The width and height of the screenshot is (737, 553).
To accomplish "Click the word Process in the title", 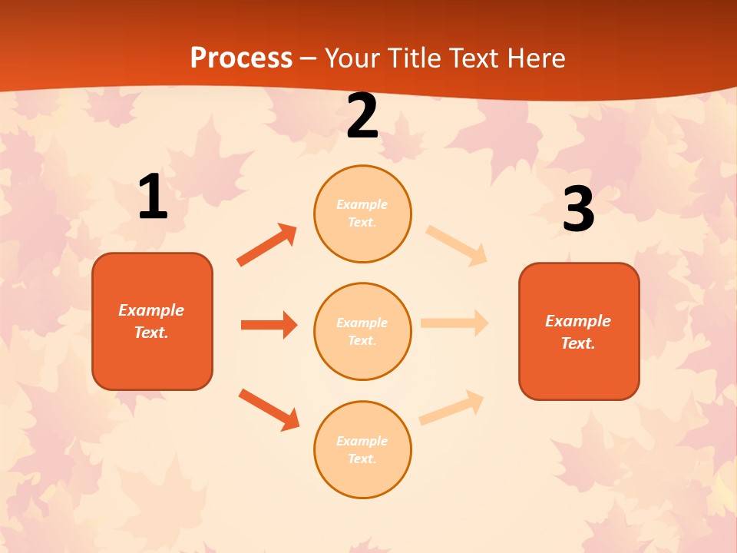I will coord(241,58).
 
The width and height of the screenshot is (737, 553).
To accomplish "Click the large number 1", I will coord(153,197).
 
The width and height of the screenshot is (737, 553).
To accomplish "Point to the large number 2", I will coord(362,117).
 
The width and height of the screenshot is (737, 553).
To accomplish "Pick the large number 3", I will coord(579,210).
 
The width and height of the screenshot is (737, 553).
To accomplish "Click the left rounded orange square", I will coord(152,321).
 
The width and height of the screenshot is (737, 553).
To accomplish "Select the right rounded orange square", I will coord(579,332).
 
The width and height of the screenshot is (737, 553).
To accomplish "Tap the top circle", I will coord(362,214).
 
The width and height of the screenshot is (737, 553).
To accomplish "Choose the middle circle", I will coord(362,332).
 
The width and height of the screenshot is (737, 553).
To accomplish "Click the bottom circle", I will coord(362,450).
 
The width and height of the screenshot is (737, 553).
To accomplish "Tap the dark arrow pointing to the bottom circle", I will coord(269,409).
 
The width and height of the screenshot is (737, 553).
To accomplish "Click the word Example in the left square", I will coord(151,310).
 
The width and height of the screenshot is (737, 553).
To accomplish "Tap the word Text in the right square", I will coord(577,343).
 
